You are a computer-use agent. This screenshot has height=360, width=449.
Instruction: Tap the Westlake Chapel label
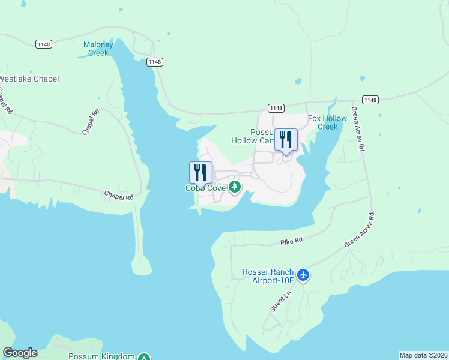[x=29, y=79]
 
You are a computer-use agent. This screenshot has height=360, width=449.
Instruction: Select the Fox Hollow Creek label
[x=327, y=122]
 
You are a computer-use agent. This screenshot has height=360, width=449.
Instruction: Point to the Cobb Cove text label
[x=205, y=188]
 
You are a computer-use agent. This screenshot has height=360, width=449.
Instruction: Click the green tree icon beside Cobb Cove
[x=235, y=187]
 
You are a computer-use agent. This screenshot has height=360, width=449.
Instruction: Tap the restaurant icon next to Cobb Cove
[x=200, y=172]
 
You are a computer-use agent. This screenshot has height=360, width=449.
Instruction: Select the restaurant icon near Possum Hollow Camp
[x=286, y=140]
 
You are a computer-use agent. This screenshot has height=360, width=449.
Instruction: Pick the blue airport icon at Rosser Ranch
[x=304, y=275]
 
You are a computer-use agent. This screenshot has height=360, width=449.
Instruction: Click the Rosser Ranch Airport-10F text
[x=268, y=275]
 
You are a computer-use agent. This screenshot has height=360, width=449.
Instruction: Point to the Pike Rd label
[x=291, y=241]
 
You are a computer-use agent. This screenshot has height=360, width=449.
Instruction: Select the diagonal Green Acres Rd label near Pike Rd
[x=359, y=230]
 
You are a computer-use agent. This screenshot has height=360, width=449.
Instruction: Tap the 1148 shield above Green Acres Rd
[x=370, y=100]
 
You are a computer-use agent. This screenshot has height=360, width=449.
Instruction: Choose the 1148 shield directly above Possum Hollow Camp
[x=276, y=108]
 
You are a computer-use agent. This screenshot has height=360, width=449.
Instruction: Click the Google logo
[x=20, y=353]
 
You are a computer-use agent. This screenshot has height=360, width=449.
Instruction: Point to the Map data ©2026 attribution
[x=424, y=355]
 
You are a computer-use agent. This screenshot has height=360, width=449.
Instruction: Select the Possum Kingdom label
[x=101, y=356]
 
